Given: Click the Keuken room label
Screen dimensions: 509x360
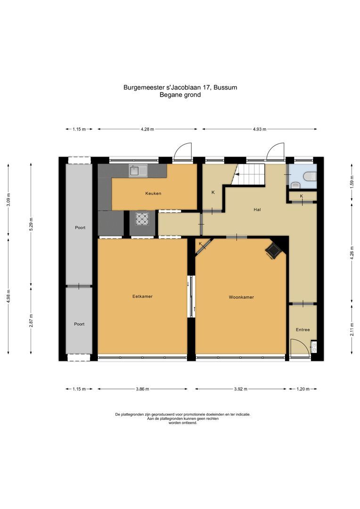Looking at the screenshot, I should [153, 193].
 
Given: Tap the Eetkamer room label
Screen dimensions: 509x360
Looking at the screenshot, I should [142, 296].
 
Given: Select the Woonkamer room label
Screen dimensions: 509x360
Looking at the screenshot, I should [241, 297].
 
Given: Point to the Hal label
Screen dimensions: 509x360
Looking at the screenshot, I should [257, 210].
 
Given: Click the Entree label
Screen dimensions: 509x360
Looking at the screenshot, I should [303, 329].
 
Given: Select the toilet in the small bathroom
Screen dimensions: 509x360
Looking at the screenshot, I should [309, 177].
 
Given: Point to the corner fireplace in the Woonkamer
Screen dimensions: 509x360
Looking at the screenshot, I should [273, 251].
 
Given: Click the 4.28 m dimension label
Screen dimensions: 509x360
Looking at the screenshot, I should [147, 129].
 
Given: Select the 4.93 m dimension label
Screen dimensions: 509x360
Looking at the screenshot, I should [259, 129].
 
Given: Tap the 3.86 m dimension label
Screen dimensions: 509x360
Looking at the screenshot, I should [142, 389].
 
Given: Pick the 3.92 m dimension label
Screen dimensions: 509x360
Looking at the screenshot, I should [241, 389].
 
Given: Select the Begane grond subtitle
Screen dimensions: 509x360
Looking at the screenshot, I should [180, 95].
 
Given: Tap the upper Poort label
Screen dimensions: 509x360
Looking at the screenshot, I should [80, 227].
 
